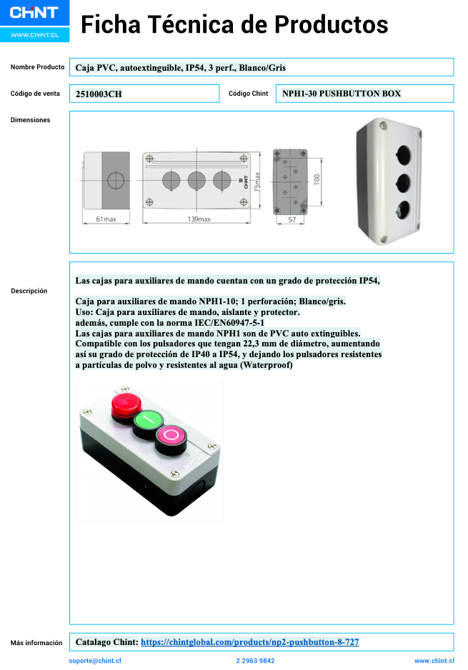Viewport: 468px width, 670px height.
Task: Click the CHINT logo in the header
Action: point(34,12)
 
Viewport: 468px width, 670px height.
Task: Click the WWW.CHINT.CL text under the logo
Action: point(34,34)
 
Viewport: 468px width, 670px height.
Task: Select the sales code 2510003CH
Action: point(99,94)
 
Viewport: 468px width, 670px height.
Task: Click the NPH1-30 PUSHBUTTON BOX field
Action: point(341,94)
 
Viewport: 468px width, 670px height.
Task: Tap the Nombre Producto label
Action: point(37,67)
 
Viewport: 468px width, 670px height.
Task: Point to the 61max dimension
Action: point(105,219)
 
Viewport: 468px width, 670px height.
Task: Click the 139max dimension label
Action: point(198,219)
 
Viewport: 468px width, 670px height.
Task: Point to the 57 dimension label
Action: point(292,220)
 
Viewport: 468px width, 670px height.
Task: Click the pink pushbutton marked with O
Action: point(171,434)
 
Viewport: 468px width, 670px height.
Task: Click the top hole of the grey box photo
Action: point(403,153)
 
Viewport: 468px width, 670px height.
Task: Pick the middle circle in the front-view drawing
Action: point(196,179)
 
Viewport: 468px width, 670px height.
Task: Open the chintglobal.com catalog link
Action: point(249,642)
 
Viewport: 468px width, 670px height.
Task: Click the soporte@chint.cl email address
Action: point(95,661)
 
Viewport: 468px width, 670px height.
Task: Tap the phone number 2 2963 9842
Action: point(255,661)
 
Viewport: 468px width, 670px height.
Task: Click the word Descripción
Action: point(29,291)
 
